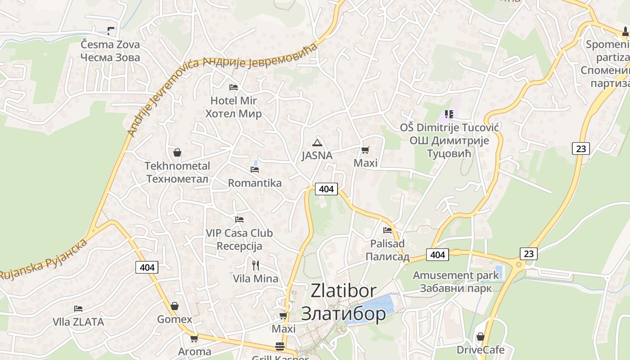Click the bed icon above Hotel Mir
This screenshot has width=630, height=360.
click(x=233, y=87)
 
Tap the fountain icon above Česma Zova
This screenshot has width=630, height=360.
click(x=111, y=31)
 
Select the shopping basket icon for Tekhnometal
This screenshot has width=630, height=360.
click(x=177, y=153)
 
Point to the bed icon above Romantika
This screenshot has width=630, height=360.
click(x=255, y=170)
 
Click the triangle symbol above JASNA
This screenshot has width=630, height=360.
click(x=317, y=143)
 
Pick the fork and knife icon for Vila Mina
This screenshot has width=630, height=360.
click(x=256, y=265)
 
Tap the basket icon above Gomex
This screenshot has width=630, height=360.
click(x=175, y=306)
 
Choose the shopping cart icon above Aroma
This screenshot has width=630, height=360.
click(x=194, y=338)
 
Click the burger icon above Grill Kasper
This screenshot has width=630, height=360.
click(x=280, y=346)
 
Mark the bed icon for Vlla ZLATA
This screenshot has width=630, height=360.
click(x=78, y=309)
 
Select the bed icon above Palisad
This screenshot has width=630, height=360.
click(x=387, y=230)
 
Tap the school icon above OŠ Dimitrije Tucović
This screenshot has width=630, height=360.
click(x=449, y=114)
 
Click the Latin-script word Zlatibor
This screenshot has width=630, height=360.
click(x=343, y=291)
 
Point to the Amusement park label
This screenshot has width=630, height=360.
click(x=456, y=275)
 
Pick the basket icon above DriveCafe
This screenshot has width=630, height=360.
click(x=480, y=337)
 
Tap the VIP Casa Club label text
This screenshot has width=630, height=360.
click(x=239, y=233)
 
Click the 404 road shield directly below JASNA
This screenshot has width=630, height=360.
click(x=326, y=189)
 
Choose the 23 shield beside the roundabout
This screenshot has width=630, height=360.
click(x=528, y=254)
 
